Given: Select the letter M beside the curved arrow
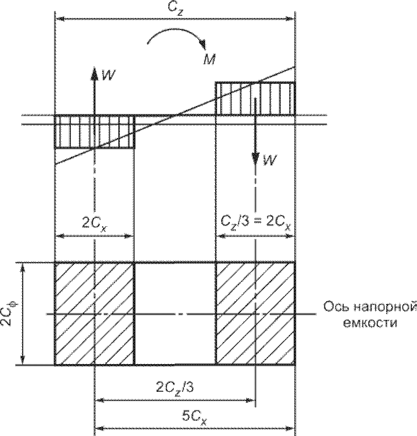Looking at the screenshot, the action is [x=209, y=59].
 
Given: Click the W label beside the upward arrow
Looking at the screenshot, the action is [x=109, y=75].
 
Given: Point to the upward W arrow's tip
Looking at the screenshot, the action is [x=95, y=68].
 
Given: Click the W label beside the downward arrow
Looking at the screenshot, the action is [x=270, y=160].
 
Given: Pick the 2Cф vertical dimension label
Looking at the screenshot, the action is [x=8, y=313].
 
